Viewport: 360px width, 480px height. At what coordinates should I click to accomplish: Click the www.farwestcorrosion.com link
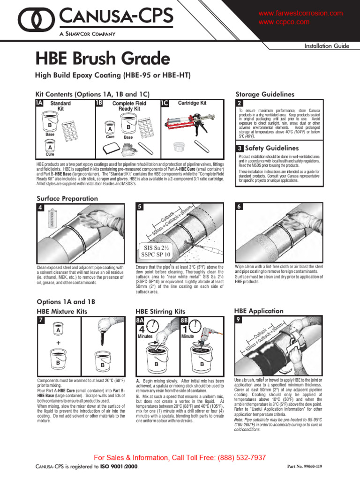(x=300, y=13)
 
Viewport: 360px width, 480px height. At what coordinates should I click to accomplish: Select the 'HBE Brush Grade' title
(x=103, y=59)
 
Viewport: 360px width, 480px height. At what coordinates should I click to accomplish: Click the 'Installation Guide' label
(x=326, y=46)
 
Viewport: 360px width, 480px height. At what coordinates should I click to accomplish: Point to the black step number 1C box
(x=165, y=103)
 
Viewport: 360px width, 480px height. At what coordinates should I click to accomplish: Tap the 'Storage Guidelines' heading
(x=264, y=94)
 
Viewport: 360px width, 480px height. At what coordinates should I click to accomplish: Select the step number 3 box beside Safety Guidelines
(x=240, y=148)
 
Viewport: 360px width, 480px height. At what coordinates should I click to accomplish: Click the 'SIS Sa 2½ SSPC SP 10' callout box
(x=157, y=251)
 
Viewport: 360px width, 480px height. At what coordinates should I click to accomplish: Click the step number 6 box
(x=240, y=207)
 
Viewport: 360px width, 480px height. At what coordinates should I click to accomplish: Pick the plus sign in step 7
(x=58, y=343)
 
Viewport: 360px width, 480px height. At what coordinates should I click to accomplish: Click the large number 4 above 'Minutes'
(x=142, y=329)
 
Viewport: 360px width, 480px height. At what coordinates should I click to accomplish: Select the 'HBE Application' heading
(x=258, y=311)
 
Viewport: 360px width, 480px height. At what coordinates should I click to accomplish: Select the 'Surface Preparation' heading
(x=67, y=198)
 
